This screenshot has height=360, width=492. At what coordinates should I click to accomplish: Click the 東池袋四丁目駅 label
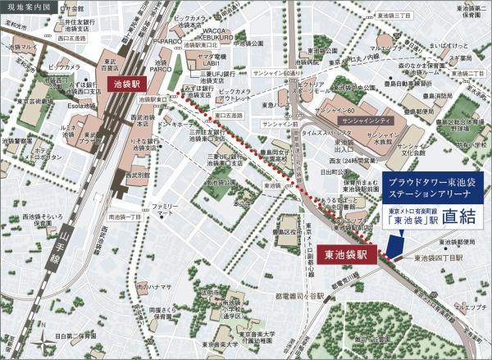pos(440,258)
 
